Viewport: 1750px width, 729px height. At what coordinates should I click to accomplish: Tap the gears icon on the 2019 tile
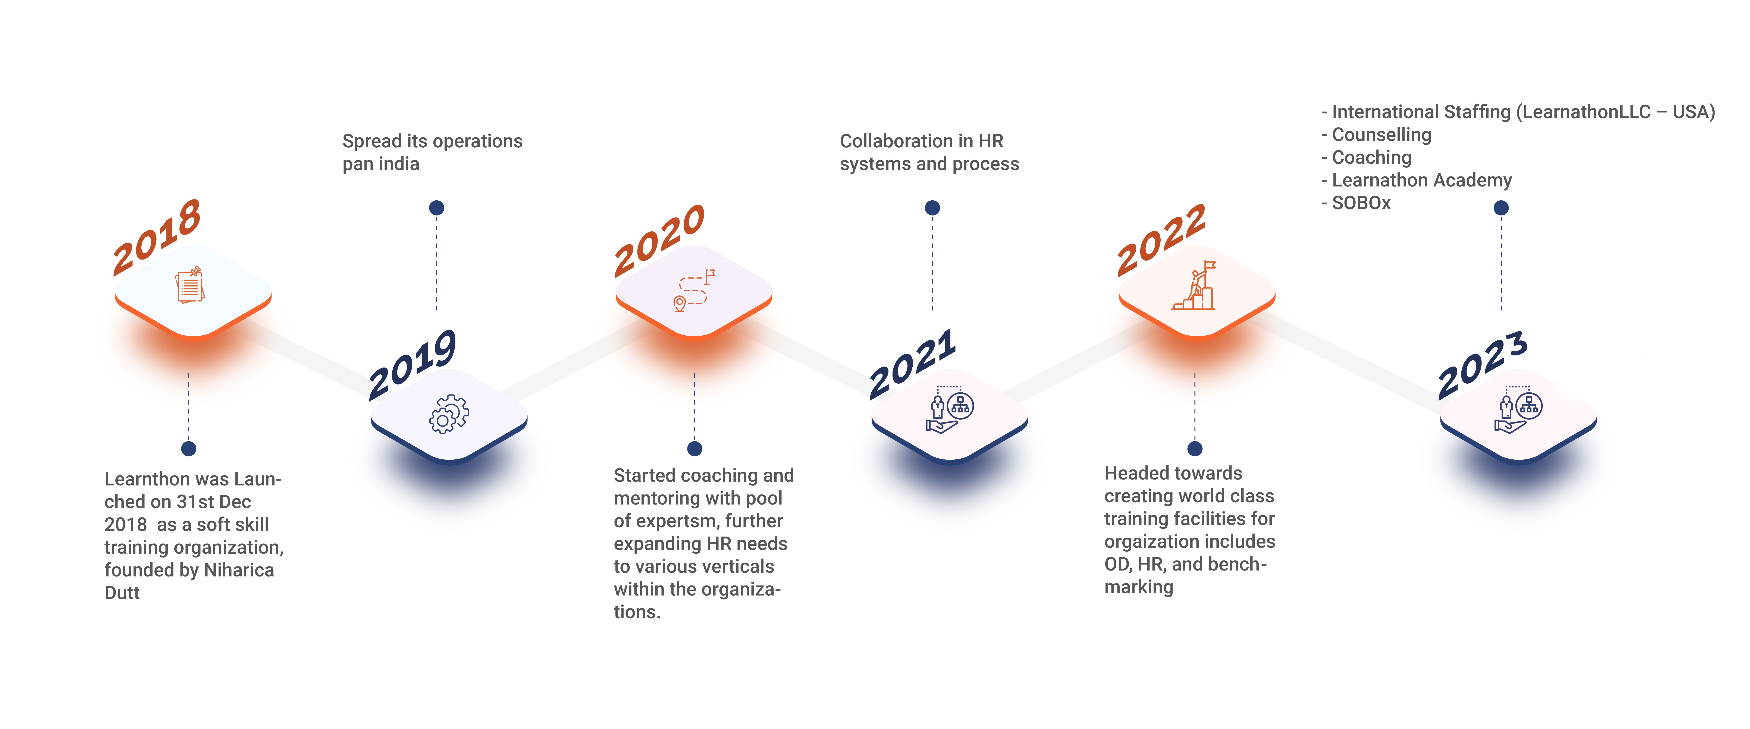point(449,414)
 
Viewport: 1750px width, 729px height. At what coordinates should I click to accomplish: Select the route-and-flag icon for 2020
point(694,290)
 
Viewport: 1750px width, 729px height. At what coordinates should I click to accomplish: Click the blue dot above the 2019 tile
point(437,208)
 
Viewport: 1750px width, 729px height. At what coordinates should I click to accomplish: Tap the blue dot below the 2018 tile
point(189,448)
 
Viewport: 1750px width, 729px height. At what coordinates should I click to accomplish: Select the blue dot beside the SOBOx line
point(1501,208)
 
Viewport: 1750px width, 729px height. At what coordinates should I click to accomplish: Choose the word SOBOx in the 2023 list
point(1361,203)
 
